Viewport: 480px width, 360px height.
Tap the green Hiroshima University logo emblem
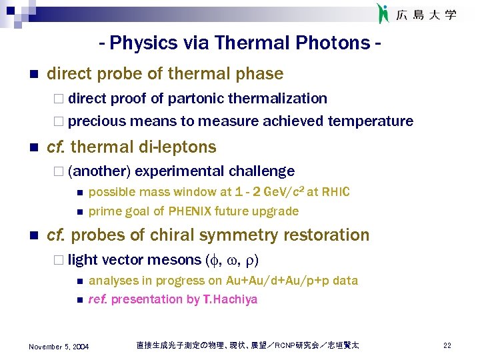383,13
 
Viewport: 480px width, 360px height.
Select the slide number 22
447,345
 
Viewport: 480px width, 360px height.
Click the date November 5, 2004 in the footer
59,346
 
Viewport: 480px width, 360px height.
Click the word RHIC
335,192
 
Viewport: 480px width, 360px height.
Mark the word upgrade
276,211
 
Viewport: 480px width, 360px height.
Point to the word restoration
327,235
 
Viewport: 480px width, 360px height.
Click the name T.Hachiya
230,299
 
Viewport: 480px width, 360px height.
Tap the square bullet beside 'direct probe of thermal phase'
34,73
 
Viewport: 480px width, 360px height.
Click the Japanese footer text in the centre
247,345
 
